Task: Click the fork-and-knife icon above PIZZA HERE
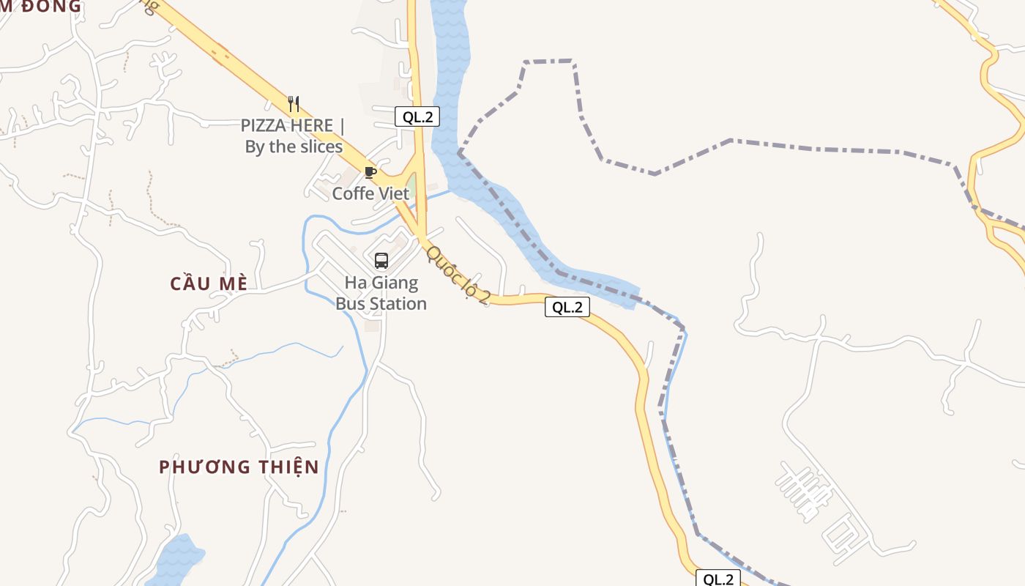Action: pos(294,104)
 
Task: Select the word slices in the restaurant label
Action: pos(320,147)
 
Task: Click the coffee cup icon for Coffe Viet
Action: pos(370,173)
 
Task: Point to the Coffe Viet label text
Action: pos(370,194)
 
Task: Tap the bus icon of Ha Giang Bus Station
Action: pos(381,261)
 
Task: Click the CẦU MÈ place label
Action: pos(209,284)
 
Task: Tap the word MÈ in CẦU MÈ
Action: pos(231,284)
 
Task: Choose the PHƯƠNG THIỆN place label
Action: pos(239,467)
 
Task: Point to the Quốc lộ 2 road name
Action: pos(458,275)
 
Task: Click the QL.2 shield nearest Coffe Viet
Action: pos(417,116)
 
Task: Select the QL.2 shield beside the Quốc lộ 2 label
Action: pos(567,308)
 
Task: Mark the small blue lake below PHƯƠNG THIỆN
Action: pos(176,560)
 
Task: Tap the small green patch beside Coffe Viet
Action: pos(412,185)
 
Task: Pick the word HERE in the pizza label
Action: pos(311,126)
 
